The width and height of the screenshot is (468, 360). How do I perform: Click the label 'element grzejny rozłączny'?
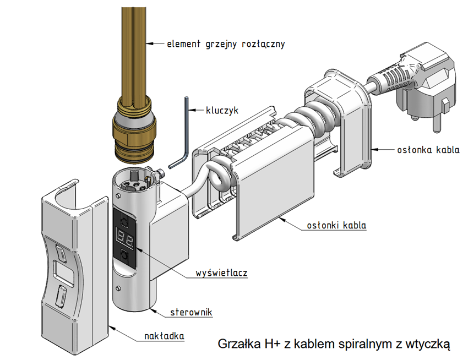(226, 43)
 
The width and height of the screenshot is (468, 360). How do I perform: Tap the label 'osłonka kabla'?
(428, 150)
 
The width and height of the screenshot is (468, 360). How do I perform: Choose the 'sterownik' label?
(191, 312)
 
